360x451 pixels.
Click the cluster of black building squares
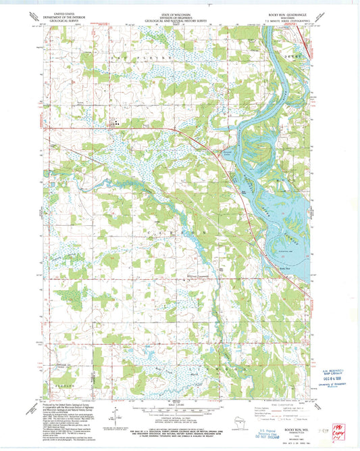(x=115, y=124)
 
